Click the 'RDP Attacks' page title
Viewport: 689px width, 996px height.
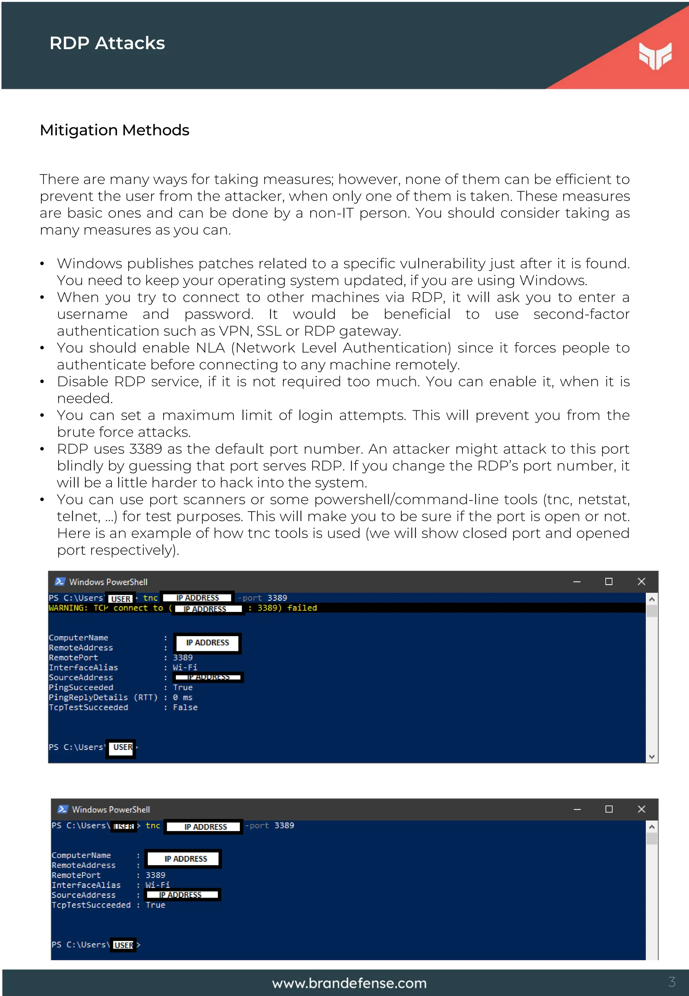click(107, 43)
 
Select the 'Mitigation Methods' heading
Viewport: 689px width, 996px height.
click(114, 130)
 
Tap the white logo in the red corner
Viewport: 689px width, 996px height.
click(655, 55)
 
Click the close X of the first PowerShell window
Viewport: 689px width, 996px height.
click(641, 581)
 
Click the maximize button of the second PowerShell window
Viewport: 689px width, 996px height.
click(609, 809)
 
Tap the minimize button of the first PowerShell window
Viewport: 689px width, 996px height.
click(576, 582)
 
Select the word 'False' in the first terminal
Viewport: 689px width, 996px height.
click(185, 708)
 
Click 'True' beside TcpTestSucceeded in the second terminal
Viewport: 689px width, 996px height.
click(155, 905)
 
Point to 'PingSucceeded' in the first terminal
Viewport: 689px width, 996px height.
click(81, 687)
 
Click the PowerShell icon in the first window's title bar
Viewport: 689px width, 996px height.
click(60, 582)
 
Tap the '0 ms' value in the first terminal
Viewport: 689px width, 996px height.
click(183, 697)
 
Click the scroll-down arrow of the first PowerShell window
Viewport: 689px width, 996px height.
click(651, 757)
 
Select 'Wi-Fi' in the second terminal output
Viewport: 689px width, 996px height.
click(157, 885)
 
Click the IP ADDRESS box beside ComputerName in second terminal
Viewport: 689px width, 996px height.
click(186, 859)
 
